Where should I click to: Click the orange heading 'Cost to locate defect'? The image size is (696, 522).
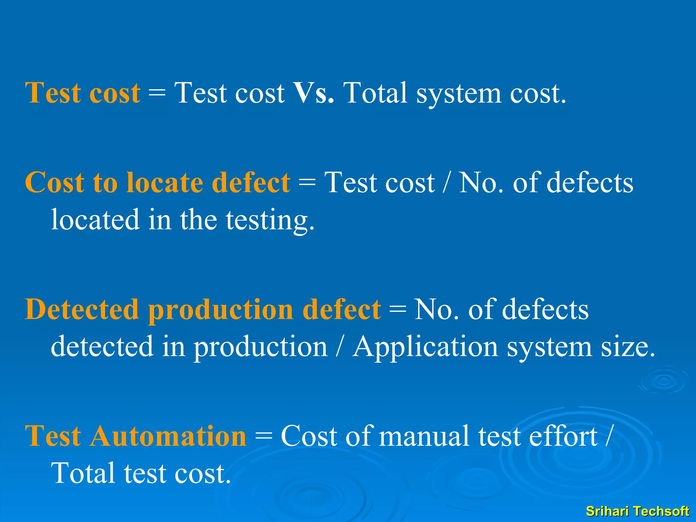point(157,182)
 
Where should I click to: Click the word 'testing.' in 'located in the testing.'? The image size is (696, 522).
point(271,220)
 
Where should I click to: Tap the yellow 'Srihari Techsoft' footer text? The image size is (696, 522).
point(637,511)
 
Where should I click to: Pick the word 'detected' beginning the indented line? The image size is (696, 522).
point(102,346)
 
